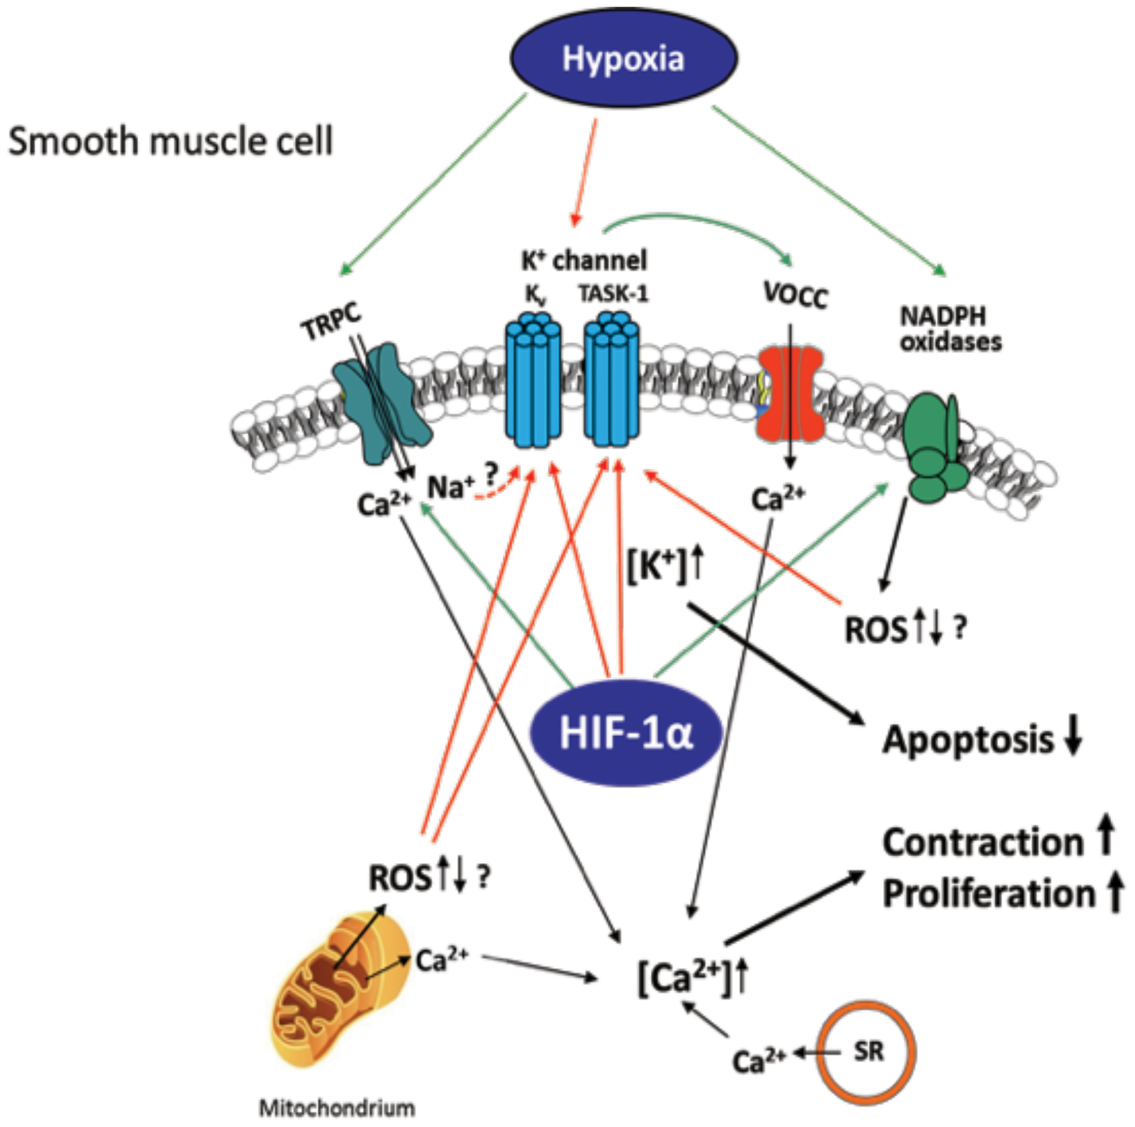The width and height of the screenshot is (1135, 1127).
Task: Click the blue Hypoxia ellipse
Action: pyautogui.click(x=623, y=58)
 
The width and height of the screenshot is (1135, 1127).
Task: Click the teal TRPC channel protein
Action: pyautogui.click(x=382, y=403)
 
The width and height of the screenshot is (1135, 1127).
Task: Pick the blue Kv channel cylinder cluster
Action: pyautogui.click(x=533, y=381)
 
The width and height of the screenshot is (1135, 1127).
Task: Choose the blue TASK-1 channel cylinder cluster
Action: pyautogui.click(x=611, y=381)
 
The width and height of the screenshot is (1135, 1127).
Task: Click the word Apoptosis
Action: pyautogui.click(x=968, y=740)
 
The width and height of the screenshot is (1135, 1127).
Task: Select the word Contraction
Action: pyautogui.click(x=983, y=843)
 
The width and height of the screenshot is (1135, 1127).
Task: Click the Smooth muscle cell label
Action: pyautogui.click(x=170, y=142)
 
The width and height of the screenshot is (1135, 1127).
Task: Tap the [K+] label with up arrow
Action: pyautogui.click(x=664, y=567)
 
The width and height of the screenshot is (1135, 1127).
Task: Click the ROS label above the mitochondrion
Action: pyautogui.click(x=400, y=878)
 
